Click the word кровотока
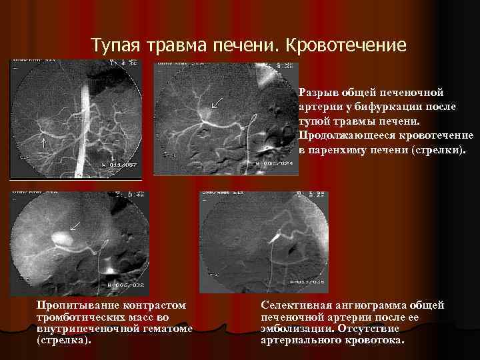pos(376,339)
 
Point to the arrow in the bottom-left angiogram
pos(75,226)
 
